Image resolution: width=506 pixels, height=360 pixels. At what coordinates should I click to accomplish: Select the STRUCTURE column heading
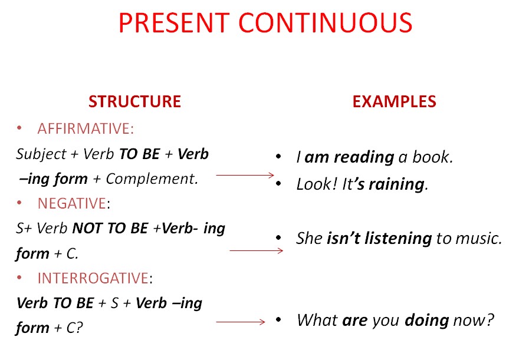coord(134,101)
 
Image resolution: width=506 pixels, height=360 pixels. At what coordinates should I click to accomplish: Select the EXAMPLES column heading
coord(394,101)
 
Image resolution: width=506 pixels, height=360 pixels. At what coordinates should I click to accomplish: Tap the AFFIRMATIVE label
coord(85,128)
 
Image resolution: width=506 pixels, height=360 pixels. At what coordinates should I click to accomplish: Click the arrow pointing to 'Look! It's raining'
coord(245,175)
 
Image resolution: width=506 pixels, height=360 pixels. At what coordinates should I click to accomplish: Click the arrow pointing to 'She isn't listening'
coord(256,250)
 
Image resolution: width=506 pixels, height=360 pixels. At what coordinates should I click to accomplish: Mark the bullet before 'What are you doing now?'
coord(278,321)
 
